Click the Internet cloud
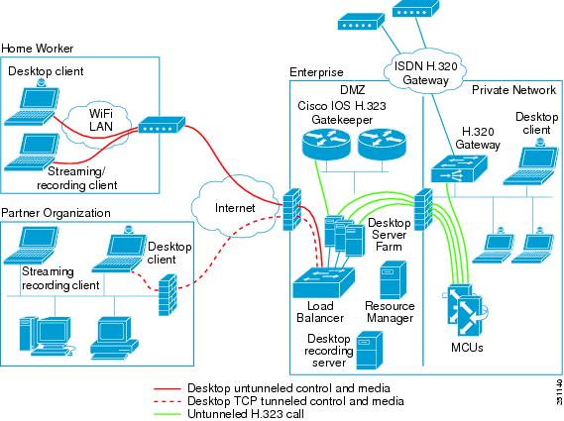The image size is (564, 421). [x=236, y=206]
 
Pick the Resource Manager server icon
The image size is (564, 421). [x=393, y=279]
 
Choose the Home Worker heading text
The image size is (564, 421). [x=38, y=48]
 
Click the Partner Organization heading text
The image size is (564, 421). [x=56, y=213]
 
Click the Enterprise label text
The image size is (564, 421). [x=316, y=72]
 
